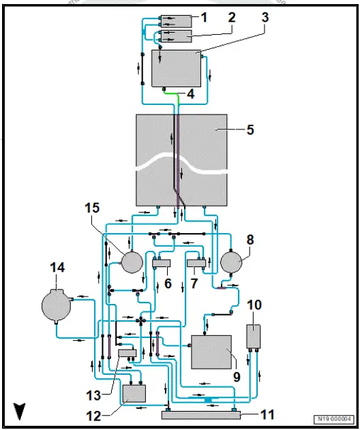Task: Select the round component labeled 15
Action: [x=132, y=262]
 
